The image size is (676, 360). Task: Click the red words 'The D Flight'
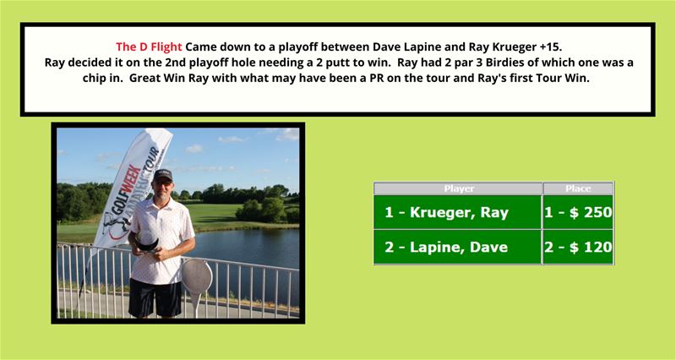(x=149, y=46)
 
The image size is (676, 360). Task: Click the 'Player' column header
(x=459, y=188)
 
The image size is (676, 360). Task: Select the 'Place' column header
(x=578, y=188)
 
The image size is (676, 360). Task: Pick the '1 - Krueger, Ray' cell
(x=457, y=212)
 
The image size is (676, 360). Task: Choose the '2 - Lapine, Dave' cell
(x=457, y=247)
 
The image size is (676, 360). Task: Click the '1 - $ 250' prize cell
(x=578, y=212)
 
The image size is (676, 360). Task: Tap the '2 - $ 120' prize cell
(x=578, y=247)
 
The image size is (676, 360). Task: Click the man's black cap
(x=163, y=175)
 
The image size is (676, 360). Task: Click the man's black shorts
(x=155, y=297)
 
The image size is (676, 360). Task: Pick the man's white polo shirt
(x=161, y=242)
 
